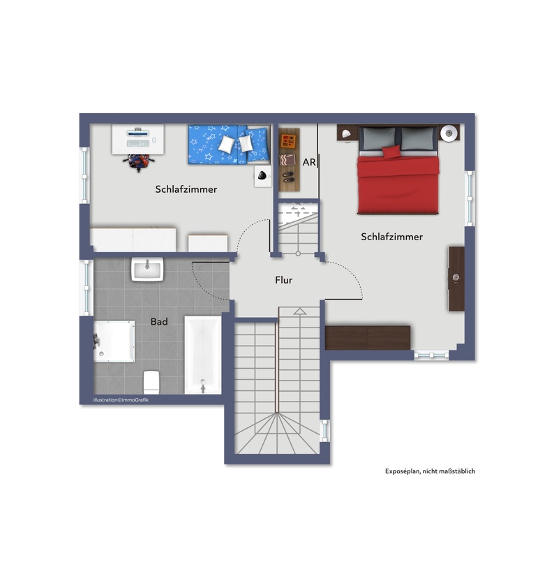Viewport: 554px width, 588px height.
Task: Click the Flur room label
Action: pos(283,280)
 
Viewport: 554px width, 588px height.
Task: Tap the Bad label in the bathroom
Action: pos(159,321)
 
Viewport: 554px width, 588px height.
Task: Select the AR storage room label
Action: pos(309,162)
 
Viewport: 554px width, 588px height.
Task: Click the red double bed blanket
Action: pos(398,184)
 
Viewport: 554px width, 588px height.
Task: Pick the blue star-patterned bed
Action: pos(229,145)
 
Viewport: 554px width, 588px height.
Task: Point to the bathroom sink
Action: pos(147,269)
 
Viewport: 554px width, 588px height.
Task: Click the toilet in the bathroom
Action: pos(151,382)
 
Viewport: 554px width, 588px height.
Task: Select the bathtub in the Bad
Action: pos(202,355)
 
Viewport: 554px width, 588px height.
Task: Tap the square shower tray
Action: pos(114,341)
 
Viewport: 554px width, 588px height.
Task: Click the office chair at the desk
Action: pos(139,163)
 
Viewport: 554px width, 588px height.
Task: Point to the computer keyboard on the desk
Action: pos(138,143)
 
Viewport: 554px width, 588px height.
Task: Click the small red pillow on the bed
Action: pos(391,152)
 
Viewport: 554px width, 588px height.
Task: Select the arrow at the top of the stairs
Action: pos(299,311)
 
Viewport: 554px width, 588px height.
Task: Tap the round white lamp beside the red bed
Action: pos(449,133)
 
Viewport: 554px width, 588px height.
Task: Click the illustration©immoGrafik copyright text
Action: pos(121,399)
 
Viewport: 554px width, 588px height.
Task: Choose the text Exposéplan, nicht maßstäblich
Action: pos(430,471)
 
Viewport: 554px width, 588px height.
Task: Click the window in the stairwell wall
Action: pos(324,430)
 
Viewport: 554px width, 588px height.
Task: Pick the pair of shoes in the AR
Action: pos(288,177)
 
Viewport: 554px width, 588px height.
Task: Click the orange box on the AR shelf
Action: pos(288,141)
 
